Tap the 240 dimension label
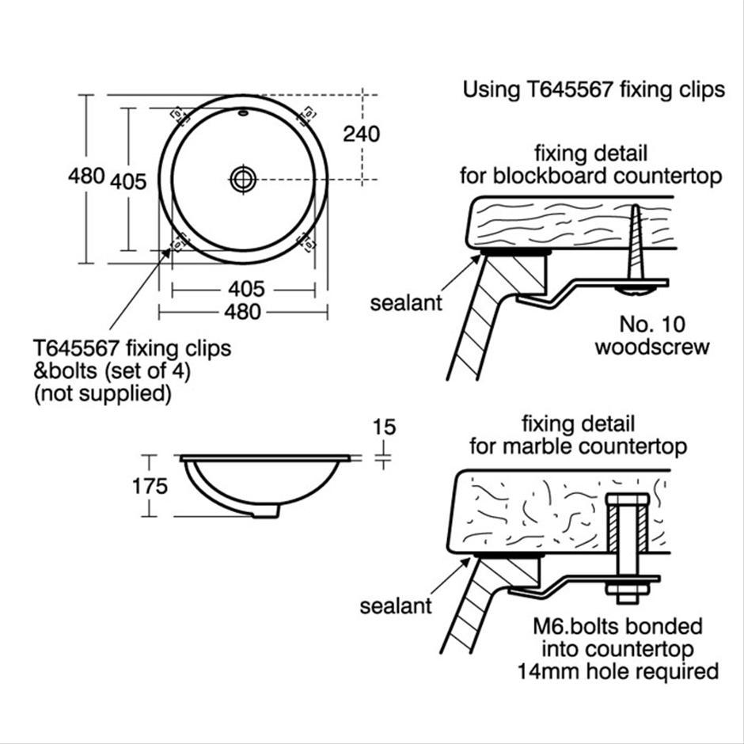click(x=361, y=134)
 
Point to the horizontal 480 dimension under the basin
click(x=242, y=312)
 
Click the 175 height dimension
click(x=150, y=485)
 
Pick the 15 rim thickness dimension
click(x=383, y=428)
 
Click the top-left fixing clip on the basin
click(x=178, y=113)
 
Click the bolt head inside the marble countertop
click(x=627, y=500)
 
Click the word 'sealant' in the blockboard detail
click(x=406, y=303)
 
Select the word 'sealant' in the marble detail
click(x=396, y=606)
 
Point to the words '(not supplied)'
click(x=103, y=393)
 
